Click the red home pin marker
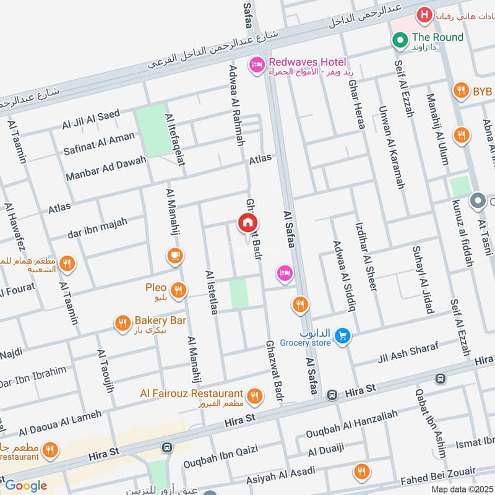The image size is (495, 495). click(248, 223)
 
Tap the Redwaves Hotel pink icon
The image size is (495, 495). click(256, 64)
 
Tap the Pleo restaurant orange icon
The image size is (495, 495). click(179, 290)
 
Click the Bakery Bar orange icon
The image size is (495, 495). click(122, 322)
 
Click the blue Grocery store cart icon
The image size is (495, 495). click(342, 336)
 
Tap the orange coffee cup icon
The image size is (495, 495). click(175, 254)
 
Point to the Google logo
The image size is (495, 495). click(25, 485)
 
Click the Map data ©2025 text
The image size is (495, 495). click(461, 489)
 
